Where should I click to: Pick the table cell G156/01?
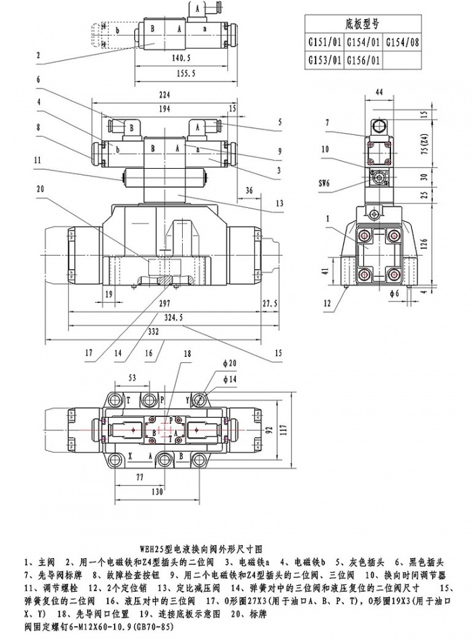pyautogui.click(x=364, y=61)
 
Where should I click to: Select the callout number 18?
pyautogui.click(x=187, y=353)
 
